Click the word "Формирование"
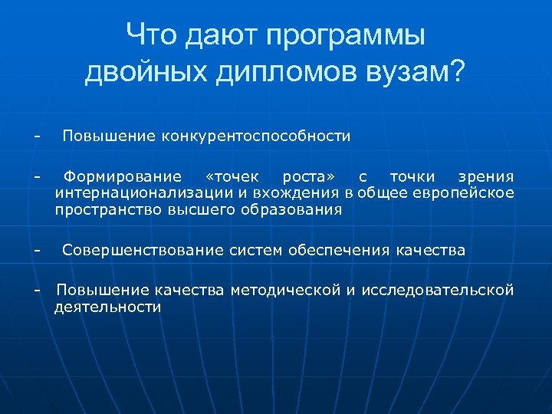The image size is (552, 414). click(123, 178)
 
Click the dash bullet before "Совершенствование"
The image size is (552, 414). click(36, 251)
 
